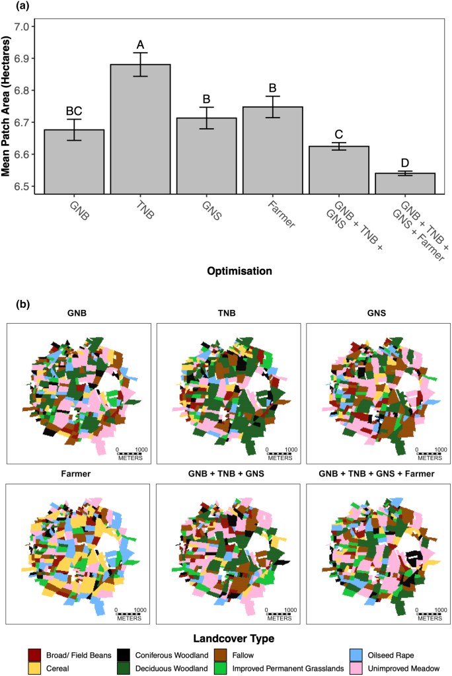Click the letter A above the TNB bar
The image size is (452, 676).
point(140,44)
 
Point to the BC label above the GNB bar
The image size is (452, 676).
point(74,111)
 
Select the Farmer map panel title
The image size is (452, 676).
point(78,474)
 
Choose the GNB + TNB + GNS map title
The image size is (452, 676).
point(228,474)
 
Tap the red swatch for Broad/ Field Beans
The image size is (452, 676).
point(35,655)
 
